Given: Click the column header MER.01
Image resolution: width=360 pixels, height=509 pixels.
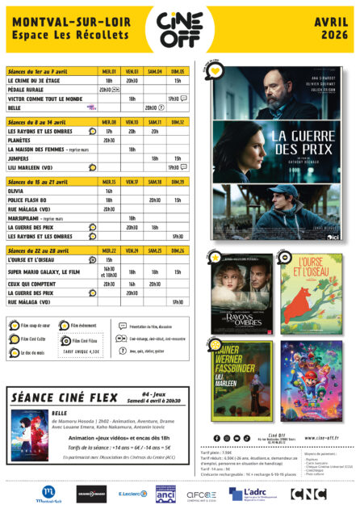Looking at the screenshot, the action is coord(109,72).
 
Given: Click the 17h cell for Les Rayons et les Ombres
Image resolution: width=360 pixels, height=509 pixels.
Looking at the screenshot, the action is coord(109,131).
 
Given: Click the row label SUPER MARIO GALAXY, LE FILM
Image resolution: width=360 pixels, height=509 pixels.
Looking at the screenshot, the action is coord(45,271).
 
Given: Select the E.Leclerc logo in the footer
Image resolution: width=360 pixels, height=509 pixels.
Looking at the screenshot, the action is coord(132,493).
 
